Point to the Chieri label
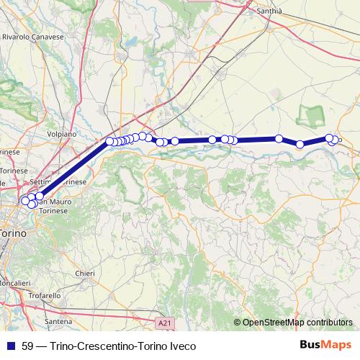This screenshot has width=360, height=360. tap(84, 273)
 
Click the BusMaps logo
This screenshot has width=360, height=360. tap(327, 346)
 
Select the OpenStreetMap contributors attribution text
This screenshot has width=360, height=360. tap(297, 323)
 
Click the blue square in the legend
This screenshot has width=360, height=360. tap(11, 346)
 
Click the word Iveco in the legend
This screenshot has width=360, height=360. tap(181, 346)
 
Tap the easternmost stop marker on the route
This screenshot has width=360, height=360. tap(336, 140)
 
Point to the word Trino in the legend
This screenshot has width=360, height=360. tap(63, 346)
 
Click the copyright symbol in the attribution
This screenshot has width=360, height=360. tap(238, 323)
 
